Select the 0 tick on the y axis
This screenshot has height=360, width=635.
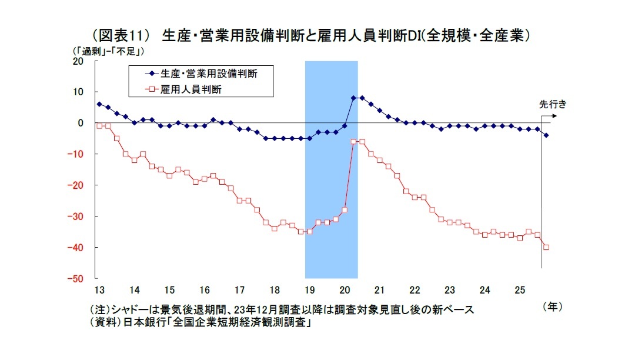[85, 123]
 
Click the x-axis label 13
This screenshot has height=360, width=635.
[99, 290]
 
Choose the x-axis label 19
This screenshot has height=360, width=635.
[310, 290]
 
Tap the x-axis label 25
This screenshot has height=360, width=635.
[519, 290]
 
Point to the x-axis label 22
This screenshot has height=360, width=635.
[415, 290]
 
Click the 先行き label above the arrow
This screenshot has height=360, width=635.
[552, 105]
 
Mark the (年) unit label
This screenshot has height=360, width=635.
[553, 306]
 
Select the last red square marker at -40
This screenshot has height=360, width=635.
[546, 247]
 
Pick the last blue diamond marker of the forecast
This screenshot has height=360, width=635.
[546, 135]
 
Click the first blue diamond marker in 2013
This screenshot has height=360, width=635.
[99, 104]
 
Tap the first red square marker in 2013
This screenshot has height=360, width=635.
[99, 126]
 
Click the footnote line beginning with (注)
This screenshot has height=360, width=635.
[281, 310]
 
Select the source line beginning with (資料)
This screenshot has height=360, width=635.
[200, 324]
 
